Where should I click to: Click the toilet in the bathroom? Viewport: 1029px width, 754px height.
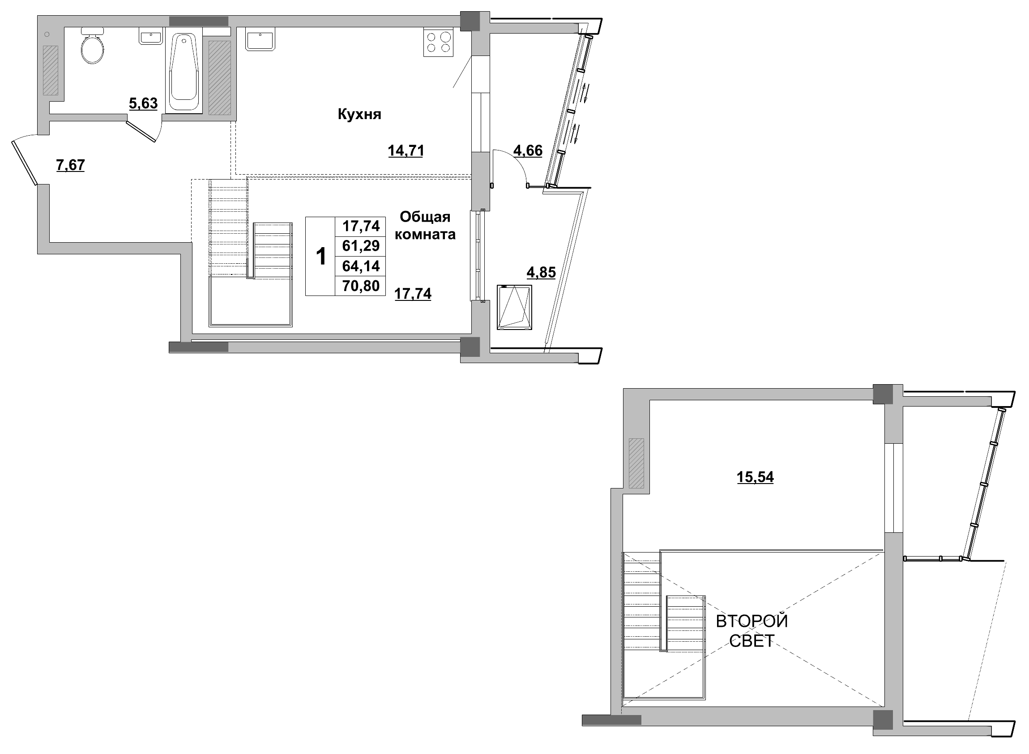pyautogui.click(x=92, y=47)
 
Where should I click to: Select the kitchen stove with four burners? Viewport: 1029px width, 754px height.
pyautogui.click(x=438, y=43)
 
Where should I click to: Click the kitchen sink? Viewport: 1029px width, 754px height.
pyautogui.click(x=260, y=39)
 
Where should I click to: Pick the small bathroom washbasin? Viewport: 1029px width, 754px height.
pyautogui.click(x=150, y=37)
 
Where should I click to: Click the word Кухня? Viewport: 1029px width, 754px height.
pyautogui.click(x=359, y=114)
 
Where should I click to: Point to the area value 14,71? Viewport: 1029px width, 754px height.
pyautogui.click(x=406, y=150)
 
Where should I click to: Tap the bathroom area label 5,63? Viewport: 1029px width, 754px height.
pyautogui.click(x=143, y=103)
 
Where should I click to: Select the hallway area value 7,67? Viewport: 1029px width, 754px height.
pyautogui.click(x=70, y=165)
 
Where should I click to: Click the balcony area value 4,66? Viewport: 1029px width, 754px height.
pyautogui.click(x=528, y=150)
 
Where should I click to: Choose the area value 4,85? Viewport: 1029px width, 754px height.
pyautogui.click(x=541, y=273)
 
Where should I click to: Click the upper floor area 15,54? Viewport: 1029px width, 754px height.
pyautogui.click(x=755, y=477)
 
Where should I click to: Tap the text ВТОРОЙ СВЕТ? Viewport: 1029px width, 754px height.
pyautogui.click(x=751, y=631)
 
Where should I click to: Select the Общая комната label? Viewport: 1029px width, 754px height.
pyautogui.click(x=425, y=226)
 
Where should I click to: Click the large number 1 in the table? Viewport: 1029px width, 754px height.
pyautogui.click(x=321, y=257)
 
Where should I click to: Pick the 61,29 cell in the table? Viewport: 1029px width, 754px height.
pyautogui.click(x=360, y=246)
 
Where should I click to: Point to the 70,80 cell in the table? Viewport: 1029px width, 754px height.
pyautogui.click(x=360, y=286)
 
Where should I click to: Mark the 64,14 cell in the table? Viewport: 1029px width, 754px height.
pyautogui.click(x=360, y=266)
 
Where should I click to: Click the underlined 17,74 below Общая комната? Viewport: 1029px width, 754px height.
pyautogui.click(x=413, y=293)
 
